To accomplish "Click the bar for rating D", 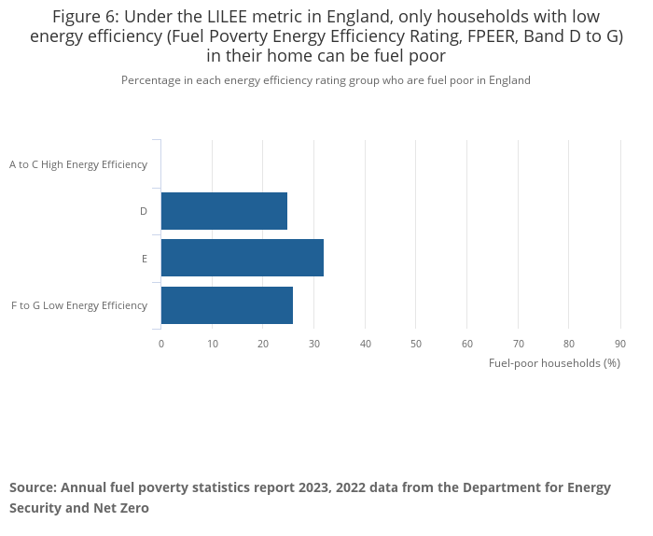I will pyautogui.click(x=224, y=211).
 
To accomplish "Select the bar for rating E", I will pyautogui.click(x=243, y=258).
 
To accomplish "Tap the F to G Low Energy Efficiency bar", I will pyautogui.click(x=227, y=305).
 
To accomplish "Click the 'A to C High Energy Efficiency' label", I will pyautogui.click(x=78, y=164).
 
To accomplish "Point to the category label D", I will pyautogui.click(x=144, y=211).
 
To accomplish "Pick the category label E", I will pyautogui.click(x=145, y=259).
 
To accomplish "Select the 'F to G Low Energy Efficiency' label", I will pyautogui.click(x=79, y=305).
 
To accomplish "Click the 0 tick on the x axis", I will pyautogui.click(x=161, y=344).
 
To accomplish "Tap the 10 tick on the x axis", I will pyautogui.click(x=213, y=344).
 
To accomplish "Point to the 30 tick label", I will pyautogui.click(x=314, y=344).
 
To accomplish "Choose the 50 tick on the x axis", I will pyautogui.click(x=416, y=344).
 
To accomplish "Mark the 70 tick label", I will pyautogui.click(x=519, y=344).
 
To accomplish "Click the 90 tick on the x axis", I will pyautogui.click(x=620, y=344).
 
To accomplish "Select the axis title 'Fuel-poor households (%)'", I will pyautogui.click(x=554, y=363).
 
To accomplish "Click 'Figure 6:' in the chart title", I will pyautogui.click(x=85, y=17).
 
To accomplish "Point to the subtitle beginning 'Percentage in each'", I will pyautogui.click(x=326, y=80).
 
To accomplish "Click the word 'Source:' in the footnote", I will pyautogui.click(x=33, y=487).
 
